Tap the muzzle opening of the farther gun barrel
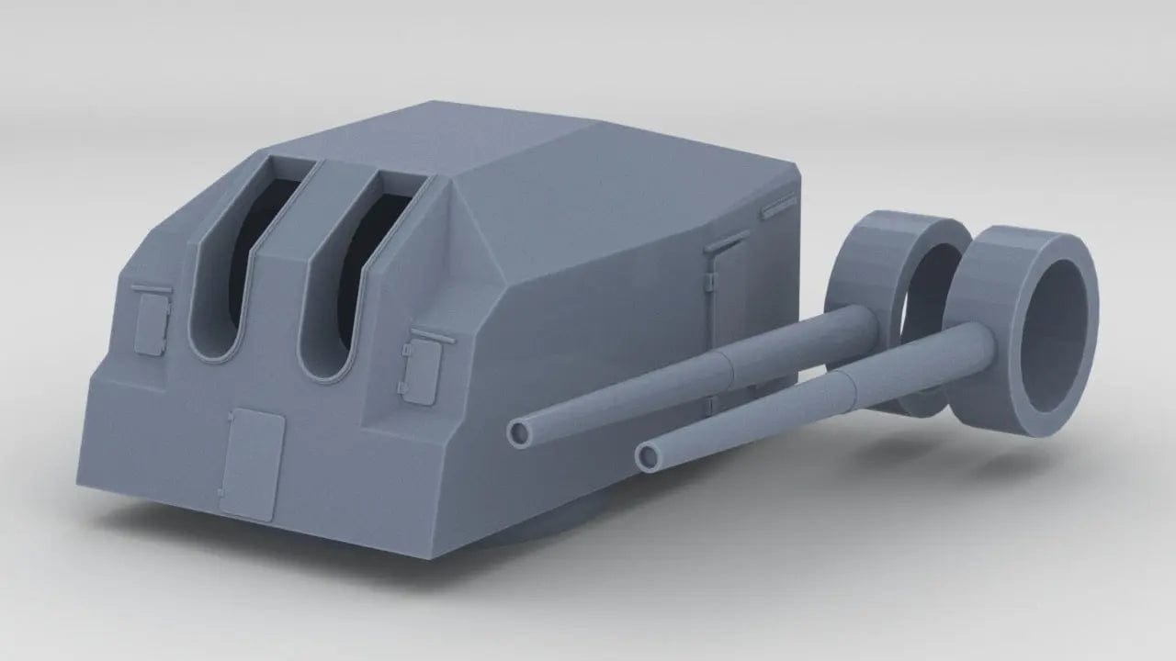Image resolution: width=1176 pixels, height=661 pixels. (521, 431)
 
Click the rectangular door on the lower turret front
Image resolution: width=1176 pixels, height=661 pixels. (253, 464)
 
